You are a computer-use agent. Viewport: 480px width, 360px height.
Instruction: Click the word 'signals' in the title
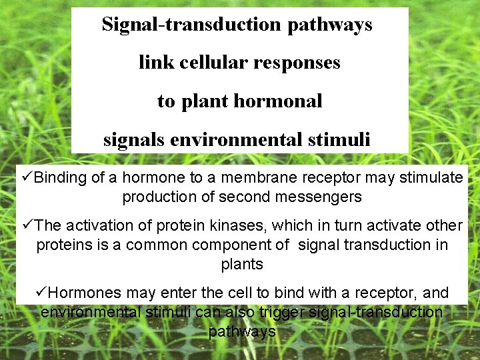tap(133, 140)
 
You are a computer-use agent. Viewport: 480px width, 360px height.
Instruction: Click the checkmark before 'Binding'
tap(27, 177)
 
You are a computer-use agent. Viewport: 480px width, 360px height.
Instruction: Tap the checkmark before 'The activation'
tap(27, 226)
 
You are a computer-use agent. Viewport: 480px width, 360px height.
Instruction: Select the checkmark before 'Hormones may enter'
tap(43, 293)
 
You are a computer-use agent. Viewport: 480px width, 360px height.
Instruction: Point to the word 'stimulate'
tap(430, 177)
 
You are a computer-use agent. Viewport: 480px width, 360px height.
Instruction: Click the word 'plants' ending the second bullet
tap(242, 264)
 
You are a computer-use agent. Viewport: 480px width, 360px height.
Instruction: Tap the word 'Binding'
tap(61, 178)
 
